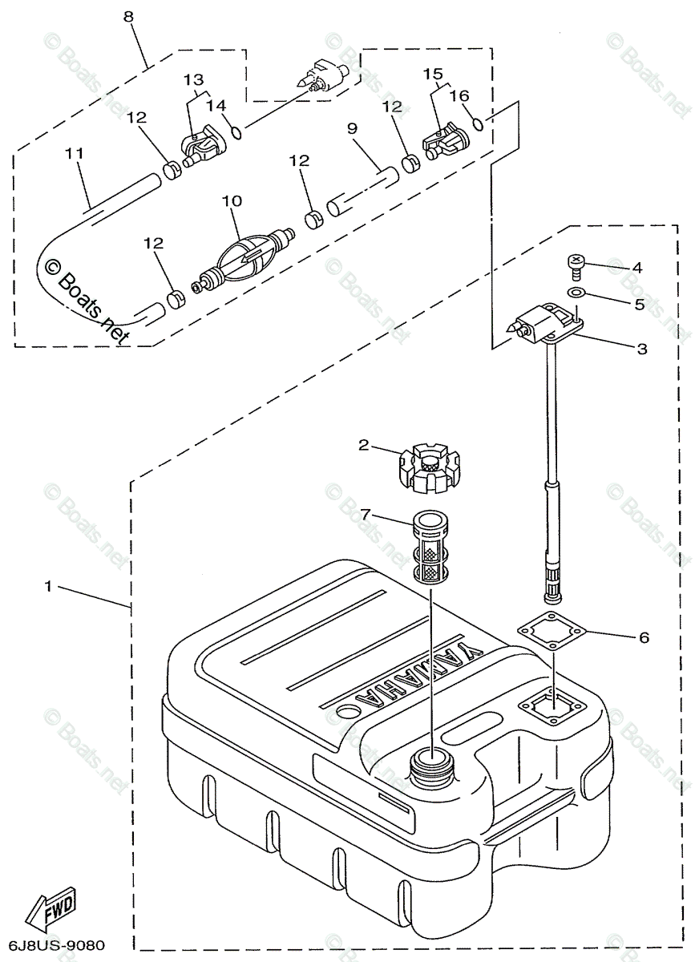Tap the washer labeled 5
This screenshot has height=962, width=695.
coord(576,294)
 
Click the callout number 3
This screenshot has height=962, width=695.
coord(640,349)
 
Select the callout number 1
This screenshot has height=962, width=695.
coord(49,587)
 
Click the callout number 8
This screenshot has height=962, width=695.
coord(129,15)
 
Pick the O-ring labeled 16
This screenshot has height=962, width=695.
coord(477,123)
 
